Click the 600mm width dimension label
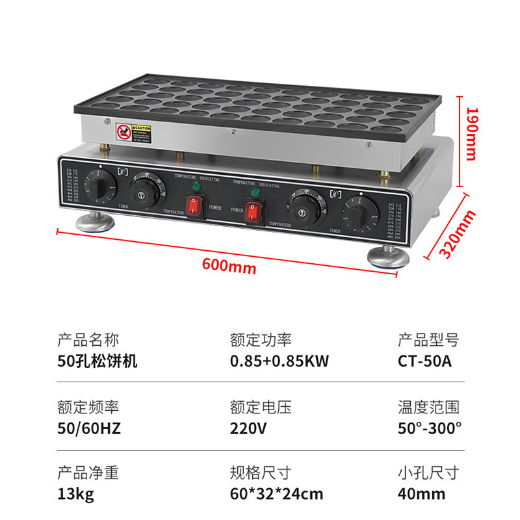(x=229, y=265)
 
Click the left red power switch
(x=196, y=206)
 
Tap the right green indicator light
(x=255, y=193)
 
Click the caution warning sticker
(x=134, y=132)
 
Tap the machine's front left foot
(x=96, y=222)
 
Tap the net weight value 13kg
(x=76, y=494)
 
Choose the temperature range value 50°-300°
(x=430, y=428)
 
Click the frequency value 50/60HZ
(x=89, y=428)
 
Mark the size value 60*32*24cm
(x=276, y=494)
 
